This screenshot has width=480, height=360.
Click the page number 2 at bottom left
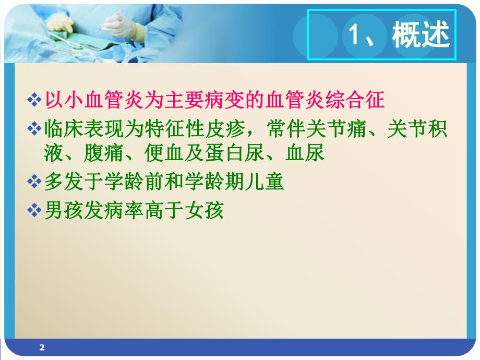point(42,346)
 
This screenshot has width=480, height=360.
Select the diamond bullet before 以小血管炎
point(35,99)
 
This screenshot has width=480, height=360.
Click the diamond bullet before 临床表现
point(35,128)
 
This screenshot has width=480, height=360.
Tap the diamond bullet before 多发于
point(35,182)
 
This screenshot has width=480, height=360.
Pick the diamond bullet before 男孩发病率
point(35,211)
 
